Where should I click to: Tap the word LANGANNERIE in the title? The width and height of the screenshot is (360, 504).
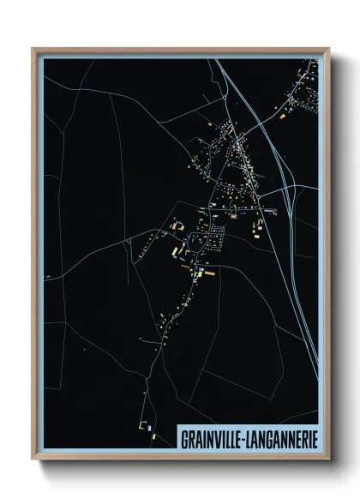(280, 438)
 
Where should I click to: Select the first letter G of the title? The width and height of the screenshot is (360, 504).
(184, 438)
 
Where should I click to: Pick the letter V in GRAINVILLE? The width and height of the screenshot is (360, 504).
(214, 438)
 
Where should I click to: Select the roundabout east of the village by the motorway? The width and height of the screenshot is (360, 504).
(276, 208)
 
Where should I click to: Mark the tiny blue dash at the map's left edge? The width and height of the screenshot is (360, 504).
(48, 276)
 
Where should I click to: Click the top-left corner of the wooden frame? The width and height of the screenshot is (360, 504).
(33, 49)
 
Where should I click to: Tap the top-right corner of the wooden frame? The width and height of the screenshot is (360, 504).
(328, 49)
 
